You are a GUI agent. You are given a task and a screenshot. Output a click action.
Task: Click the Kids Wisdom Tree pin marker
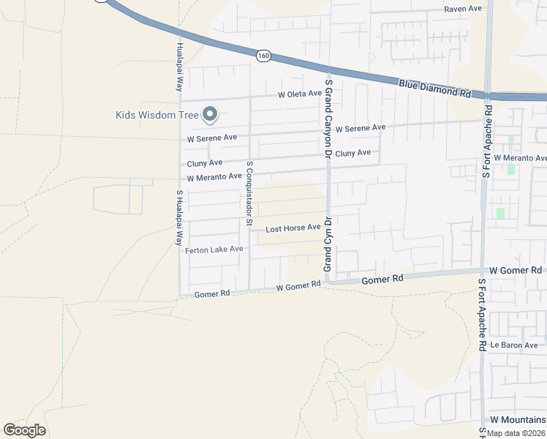pyautogui.click(x=211, y=113)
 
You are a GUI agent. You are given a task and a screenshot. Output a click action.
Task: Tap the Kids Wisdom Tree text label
pyautogui.click(x=156, y=115)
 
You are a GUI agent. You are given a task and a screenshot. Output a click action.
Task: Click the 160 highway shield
pyautogui.click(x=263, y=55)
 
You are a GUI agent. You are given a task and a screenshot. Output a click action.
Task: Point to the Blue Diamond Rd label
pyautogui.click(x=434, y=89)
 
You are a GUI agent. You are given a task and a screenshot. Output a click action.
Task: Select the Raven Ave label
pyautogui.click(x=464, y=9)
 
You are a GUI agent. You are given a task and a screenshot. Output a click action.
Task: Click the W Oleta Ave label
pyautogui.click(x=300, y=94)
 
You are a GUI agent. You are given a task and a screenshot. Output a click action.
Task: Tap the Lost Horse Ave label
pyautogui.click(x=293, y=228)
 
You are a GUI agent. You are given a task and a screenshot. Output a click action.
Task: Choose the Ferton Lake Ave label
pyautogui.click(x=214, y=249)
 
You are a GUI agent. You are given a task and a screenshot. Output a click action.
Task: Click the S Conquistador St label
pyautogui.click(x=249, y=193)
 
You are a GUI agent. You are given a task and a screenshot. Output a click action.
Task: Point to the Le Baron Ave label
pyautogui.click(x=514, y=345)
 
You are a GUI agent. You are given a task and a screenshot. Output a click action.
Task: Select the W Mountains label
pyautogui.click(x=518, y=419)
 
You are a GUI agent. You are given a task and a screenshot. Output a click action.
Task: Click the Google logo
pyautogui.click(x=24, y=430)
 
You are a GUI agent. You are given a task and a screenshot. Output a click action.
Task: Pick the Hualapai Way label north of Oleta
pyautogui.click(x=179, y=66)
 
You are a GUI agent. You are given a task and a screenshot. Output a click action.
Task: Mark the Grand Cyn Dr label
pyautogui.click(x=329, y=244)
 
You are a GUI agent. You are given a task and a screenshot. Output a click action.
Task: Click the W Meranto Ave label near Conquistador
pyautogui.click(x=214, y=177)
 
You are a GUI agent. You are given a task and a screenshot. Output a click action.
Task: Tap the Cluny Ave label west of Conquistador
pyautogui.click(x=205, y=163)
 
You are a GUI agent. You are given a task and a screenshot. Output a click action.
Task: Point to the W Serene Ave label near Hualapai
pyautogui.click(x=212, y=138)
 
